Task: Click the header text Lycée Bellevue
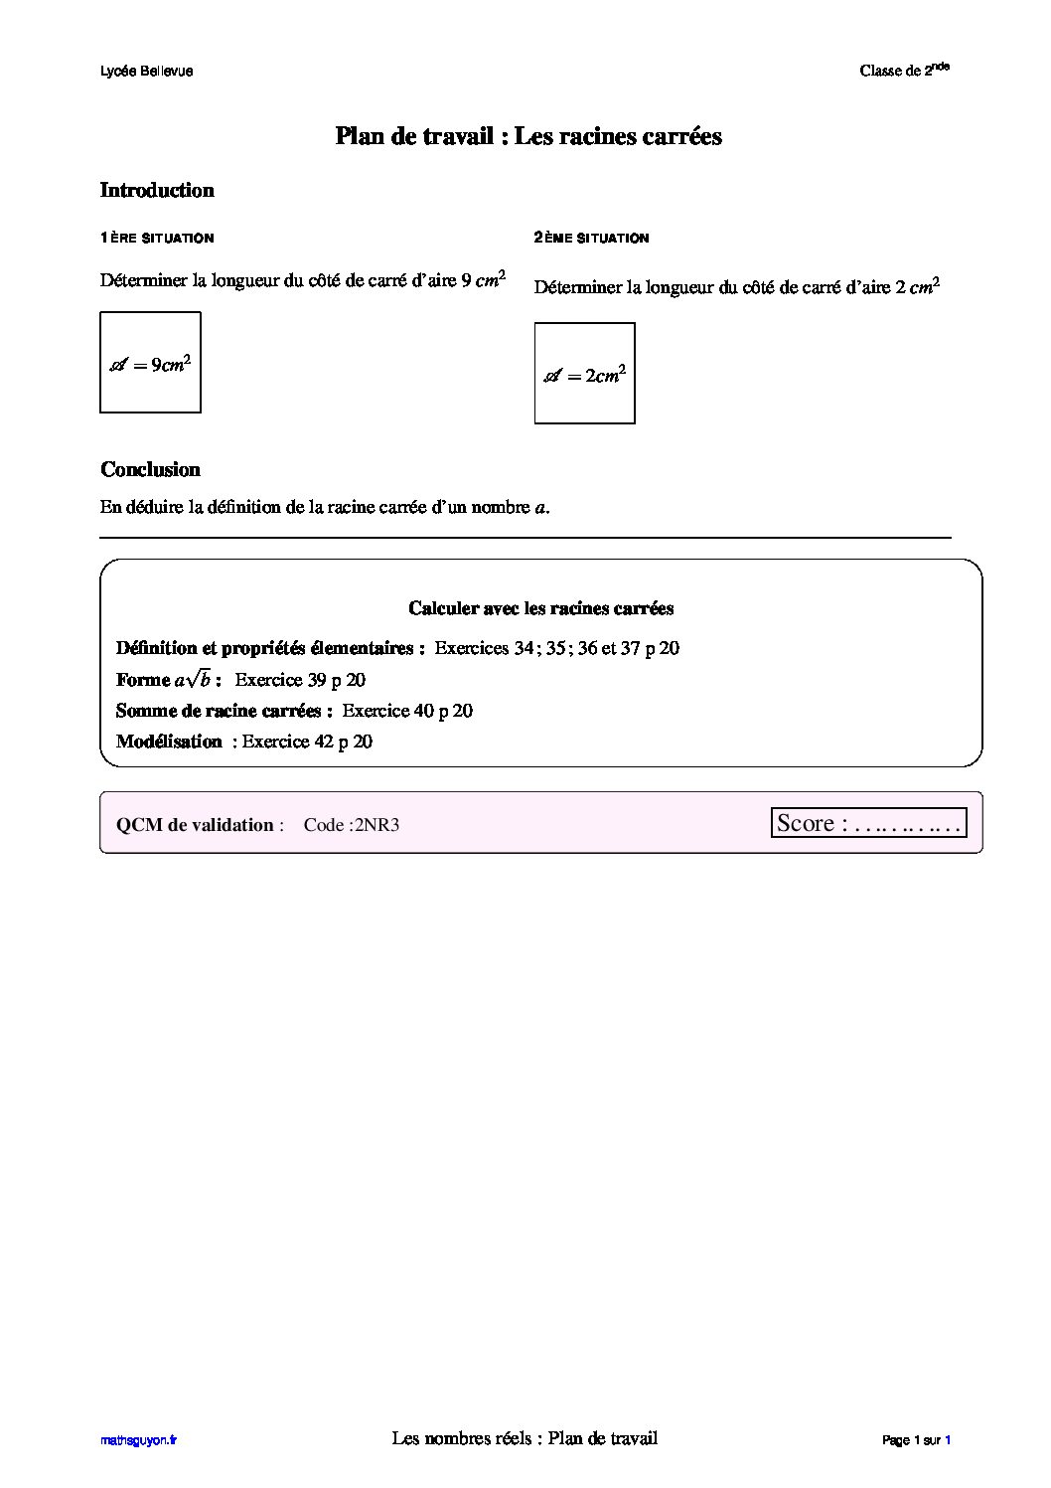point(146,72)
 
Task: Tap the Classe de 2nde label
point(904,70)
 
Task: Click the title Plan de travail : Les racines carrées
point(527,136)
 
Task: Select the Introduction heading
point(157,190)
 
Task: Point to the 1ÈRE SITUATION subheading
point(157,239)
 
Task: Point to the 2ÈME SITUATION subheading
point(591,239)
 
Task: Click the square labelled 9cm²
point(150,363)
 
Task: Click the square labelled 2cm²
point(584,374)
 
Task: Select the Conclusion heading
point(150,469)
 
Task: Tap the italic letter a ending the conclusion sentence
point(539,508)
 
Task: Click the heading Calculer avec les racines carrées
point(540,608)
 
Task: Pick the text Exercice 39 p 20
point(300,680)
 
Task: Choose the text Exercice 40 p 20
point(407,711)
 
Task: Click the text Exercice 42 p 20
point(307,742)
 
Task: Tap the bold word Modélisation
point(169,742)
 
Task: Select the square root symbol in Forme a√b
point(199,679)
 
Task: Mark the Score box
point(868,823)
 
